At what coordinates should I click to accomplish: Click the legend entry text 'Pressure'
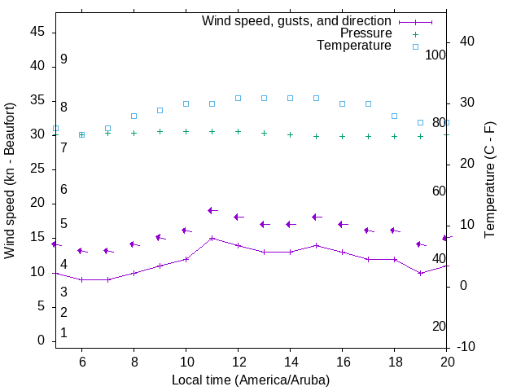click(366, 33)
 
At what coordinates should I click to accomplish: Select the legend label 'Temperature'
click(354, 46)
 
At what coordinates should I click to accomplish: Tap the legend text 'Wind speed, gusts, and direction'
click(297, 21)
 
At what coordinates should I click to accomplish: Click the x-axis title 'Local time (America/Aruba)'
click(251, 380)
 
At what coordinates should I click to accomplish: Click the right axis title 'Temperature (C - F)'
click(489, 181)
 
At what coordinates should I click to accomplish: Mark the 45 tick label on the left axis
click(37, 32)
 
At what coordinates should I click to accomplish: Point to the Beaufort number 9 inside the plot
click(63, 59)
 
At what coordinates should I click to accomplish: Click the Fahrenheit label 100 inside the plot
click(436, 55)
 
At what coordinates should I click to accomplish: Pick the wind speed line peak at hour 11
click(212, 238)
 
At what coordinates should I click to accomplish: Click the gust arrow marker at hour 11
click(212, 210)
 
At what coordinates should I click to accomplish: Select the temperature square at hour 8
click(134, 116)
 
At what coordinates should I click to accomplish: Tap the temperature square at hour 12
click(238, 98)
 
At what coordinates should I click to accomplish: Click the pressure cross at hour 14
click(290, 134)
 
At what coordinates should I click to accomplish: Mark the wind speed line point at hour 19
click(420, 273)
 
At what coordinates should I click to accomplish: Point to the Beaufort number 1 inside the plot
click(63, 332)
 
